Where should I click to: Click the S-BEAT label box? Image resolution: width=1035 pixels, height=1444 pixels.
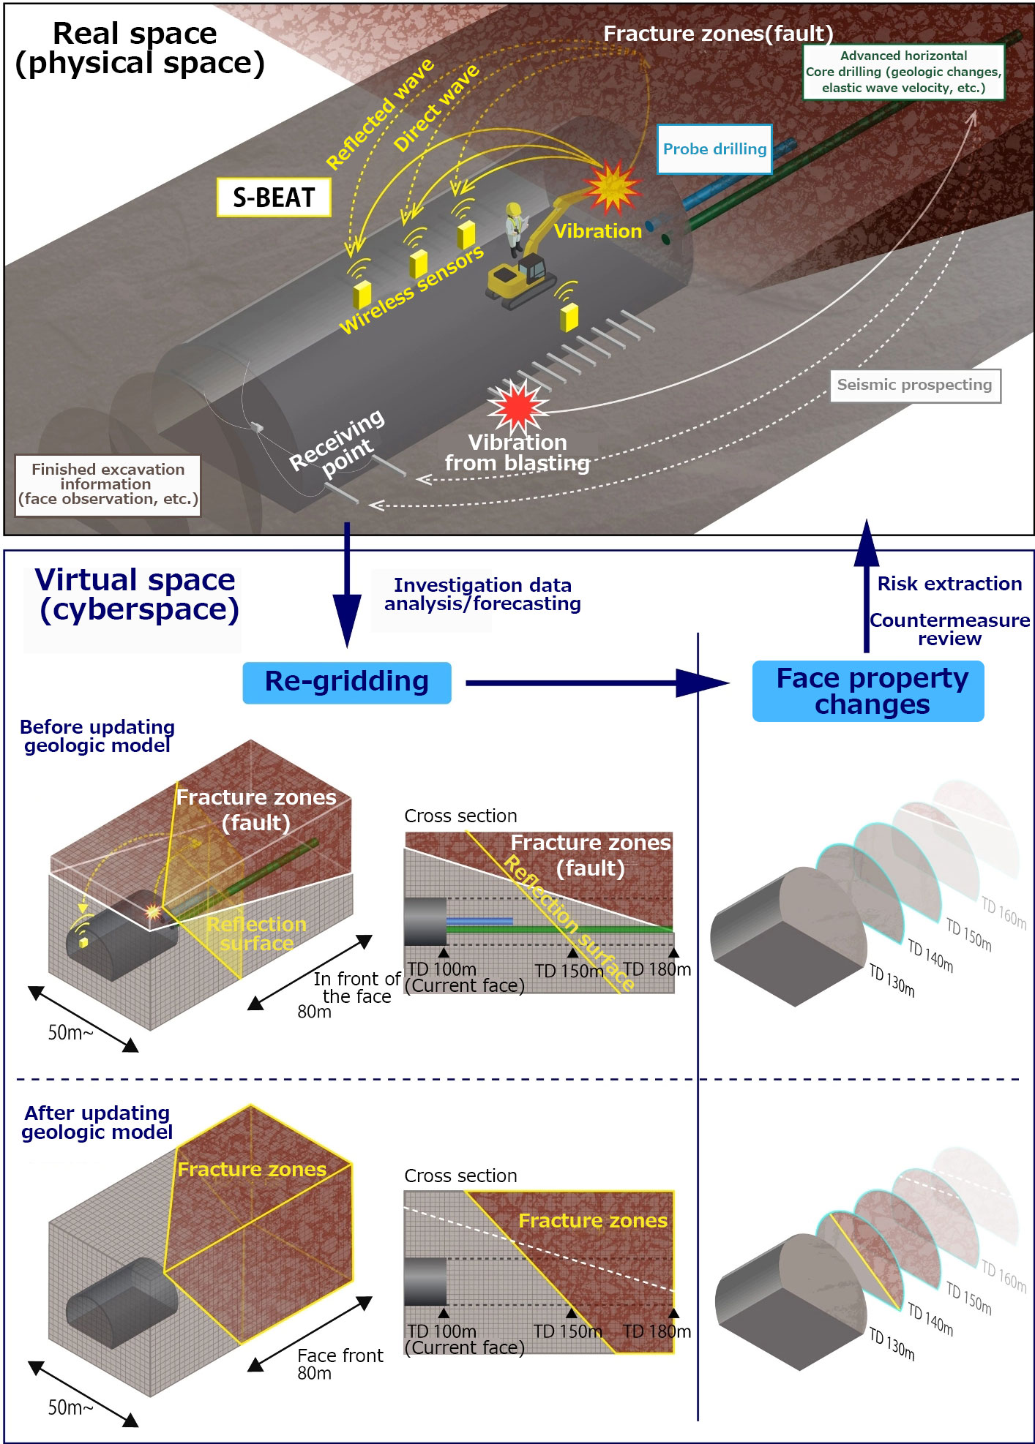274,198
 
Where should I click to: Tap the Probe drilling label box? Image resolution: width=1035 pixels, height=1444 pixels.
714,149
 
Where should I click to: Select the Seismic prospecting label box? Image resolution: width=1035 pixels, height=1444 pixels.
914,386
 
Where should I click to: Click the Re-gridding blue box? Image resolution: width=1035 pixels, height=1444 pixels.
346,682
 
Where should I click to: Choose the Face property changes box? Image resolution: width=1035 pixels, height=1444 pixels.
868,691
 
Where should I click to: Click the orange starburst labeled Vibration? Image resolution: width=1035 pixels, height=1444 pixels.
612,187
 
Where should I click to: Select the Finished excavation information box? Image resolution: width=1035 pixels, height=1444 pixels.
108,485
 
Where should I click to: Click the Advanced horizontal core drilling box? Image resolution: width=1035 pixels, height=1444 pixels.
903,72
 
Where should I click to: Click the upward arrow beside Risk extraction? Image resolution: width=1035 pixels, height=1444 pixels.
867,585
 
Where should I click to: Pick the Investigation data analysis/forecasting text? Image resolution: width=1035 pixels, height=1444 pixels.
482,595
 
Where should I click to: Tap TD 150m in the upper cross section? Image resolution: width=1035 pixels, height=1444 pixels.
569,971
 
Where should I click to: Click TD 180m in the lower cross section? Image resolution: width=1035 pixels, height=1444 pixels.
657,1331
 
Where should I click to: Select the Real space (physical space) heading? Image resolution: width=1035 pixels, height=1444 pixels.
139,49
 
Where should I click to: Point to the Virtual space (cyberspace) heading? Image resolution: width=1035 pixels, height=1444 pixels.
138,595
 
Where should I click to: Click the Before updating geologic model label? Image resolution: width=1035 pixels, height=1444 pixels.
97,736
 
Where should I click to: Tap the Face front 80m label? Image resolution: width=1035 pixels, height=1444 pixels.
339,1364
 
